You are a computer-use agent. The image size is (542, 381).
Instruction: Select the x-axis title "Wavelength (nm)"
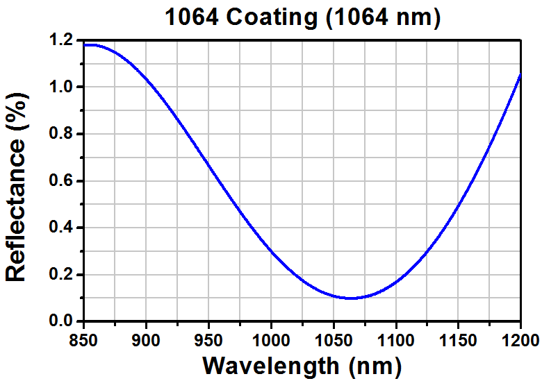tap(302, 364)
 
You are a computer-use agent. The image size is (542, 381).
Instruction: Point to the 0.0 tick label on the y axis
tap(63, 322)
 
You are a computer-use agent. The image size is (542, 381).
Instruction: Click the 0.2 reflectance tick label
tap(63, 275)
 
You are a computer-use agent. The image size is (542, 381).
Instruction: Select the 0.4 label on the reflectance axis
tap(63, 228)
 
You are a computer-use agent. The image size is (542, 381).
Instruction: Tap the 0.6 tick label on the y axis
tap(63, 181)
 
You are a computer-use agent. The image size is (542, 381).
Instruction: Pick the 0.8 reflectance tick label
tap(63, 134)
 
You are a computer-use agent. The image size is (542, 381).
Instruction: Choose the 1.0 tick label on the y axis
tap(63, 87)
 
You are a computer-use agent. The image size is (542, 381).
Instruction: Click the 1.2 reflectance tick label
tap(63, 40)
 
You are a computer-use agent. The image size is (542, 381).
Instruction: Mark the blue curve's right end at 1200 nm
tap(520, 75)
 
